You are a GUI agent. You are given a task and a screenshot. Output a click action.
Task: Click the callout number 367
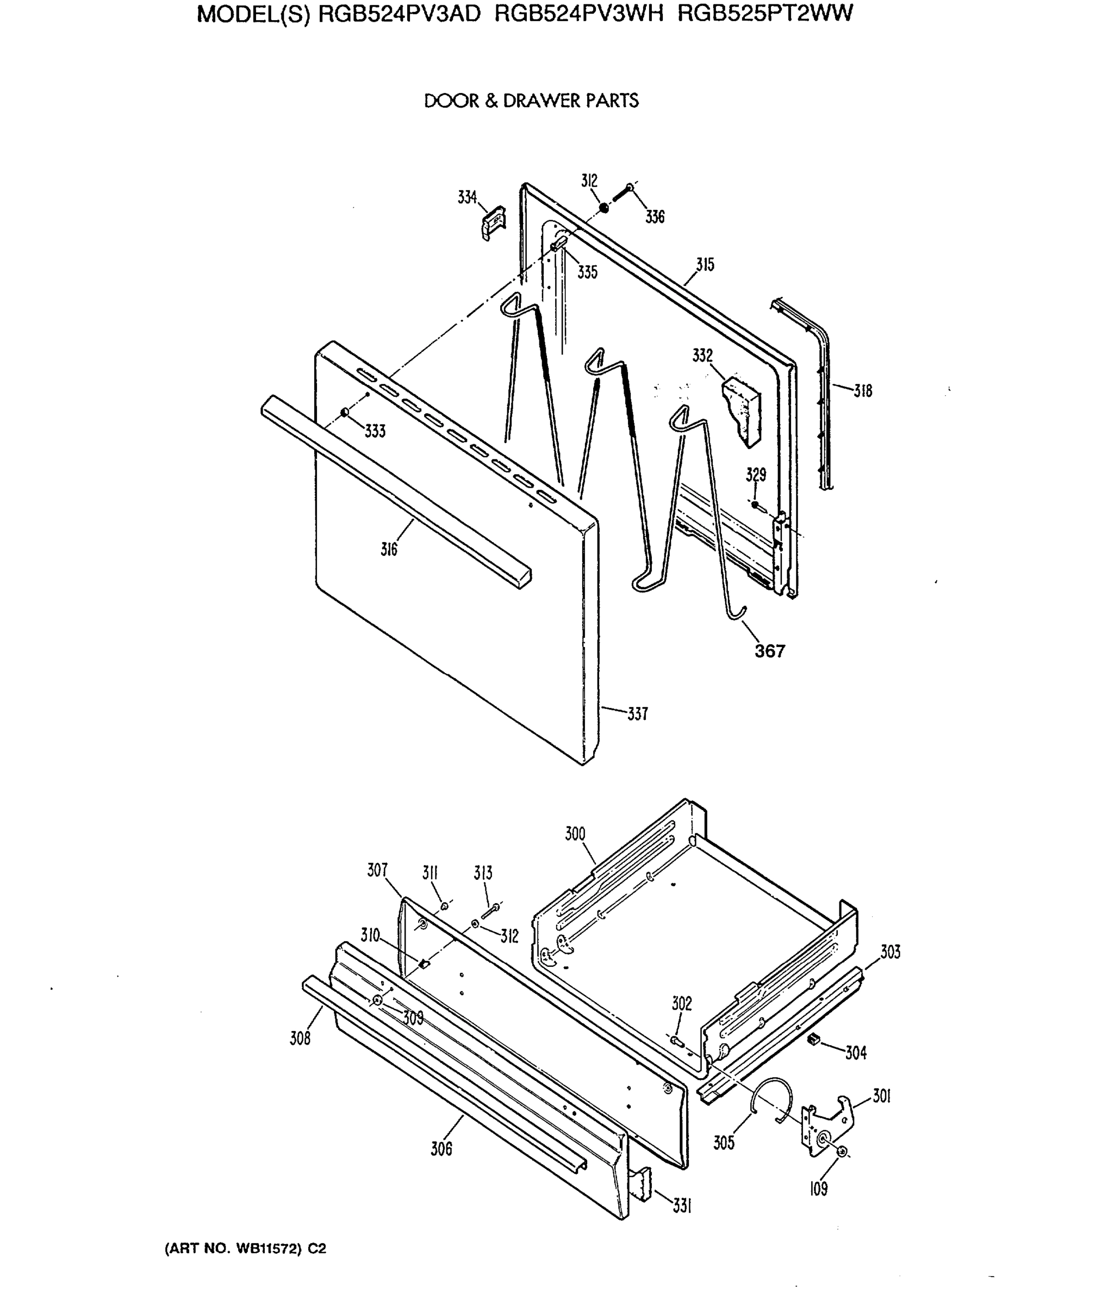click(x=769, y=651)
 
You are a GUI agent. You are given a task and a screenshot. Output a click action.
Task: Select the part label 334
click(x=466, y=198)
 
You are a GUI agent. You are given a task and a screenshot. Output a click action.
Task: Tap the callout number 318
click(x=863, y=391)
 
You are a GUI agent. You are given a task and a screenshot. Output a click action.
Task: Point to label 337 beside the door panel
click(x=637, y=714)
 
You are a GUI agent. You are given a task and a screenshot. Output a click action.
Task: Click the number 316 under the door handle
click(x=389, y=550)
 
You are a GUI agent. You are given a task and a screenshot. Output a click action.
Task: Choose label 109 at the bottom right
click(x=819, y=1189)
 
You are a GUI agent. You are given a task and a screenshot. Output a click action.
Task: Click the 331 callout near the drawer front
click(x=682, y=1206)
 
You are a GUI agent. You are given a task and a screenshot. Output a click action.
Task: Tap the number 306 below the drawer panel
click(x=441, y=1149)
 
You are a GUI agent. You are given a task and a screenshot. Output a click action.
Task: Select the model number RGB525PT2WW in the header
click(x=765, y=14)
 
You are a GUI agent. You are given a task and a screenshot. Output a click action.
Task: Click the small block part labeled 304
click(x=813, y=1039)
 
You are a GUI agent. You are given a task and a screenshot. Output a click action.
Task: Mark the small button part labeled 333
click(x=345, y=412)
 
